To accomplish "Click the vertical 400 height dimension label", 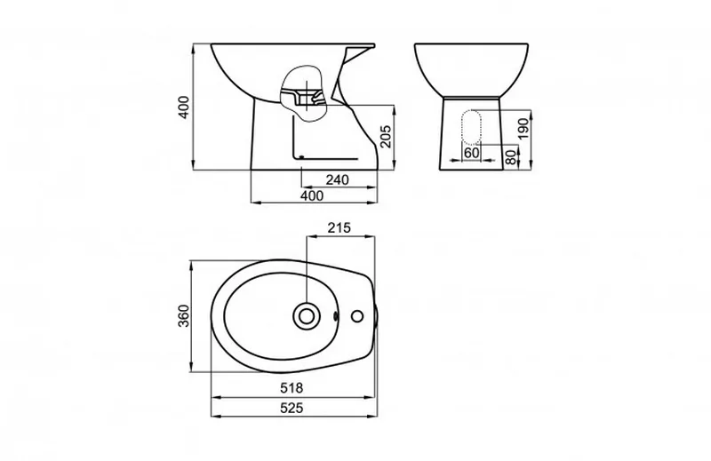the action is (184, 107).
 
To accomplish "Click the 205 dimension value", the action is (386, 136).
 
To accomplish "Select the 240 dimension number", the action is (338, 180).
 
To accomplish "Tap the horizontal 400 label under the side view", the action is (312, 195).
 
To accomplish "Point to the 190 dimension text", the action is (523, 129).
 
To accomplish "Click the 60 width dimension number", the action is (472, 153).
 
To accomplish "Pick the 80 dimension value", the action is (511, 157).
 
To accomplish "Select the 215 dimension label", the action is (340, 227).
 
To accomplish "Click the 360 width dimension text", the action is (184, 316).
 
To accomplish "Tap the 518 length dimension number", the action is (292, 388).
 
